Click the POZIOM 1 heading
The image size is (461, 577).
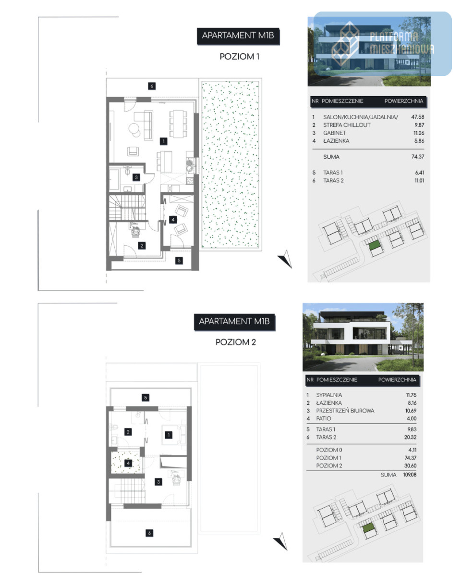point(239,57)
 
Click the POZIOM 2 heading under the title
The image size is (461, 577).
point(235,342)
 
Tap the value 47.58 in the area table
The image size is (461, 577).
point(417,117)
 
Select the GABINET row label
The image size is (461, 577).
point(334,133)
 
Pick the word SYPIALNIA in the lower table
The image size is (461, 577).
point(329,395)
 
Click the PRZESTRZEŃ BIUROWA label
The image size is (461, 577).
point(345,411)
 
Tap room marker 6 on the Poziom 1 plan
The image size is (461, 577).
point(152,86)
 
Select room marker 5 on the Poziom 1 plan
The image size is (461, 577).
point(179,260)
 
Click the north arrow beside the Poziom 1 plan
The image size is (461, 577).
point(286,259)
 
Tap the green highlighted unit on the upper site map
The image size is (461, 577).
point(375,245)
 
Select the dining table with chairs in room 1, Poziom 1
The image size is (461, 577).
point(178,124)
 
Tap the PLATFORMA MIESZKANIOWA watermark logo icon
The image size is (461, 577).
point(345,44)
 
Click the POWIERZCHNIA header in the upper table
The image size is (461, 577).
point(404,101)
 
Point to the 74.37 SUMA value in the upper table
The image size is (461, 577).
point(418,157)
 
